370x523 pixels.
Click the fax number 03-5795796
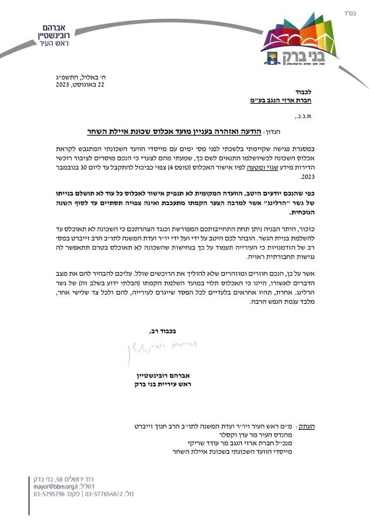point(49,494)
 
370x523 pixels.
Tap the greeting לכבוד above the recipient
point(303,93)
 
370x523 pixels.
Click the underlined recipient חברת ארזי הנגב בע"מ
point(280,100)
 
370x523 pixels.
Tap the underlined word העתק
point(307,426)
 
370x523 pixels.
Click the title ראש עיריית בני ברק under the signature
point(163,384)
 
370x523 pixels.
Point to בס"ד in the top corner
point(350,13)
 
